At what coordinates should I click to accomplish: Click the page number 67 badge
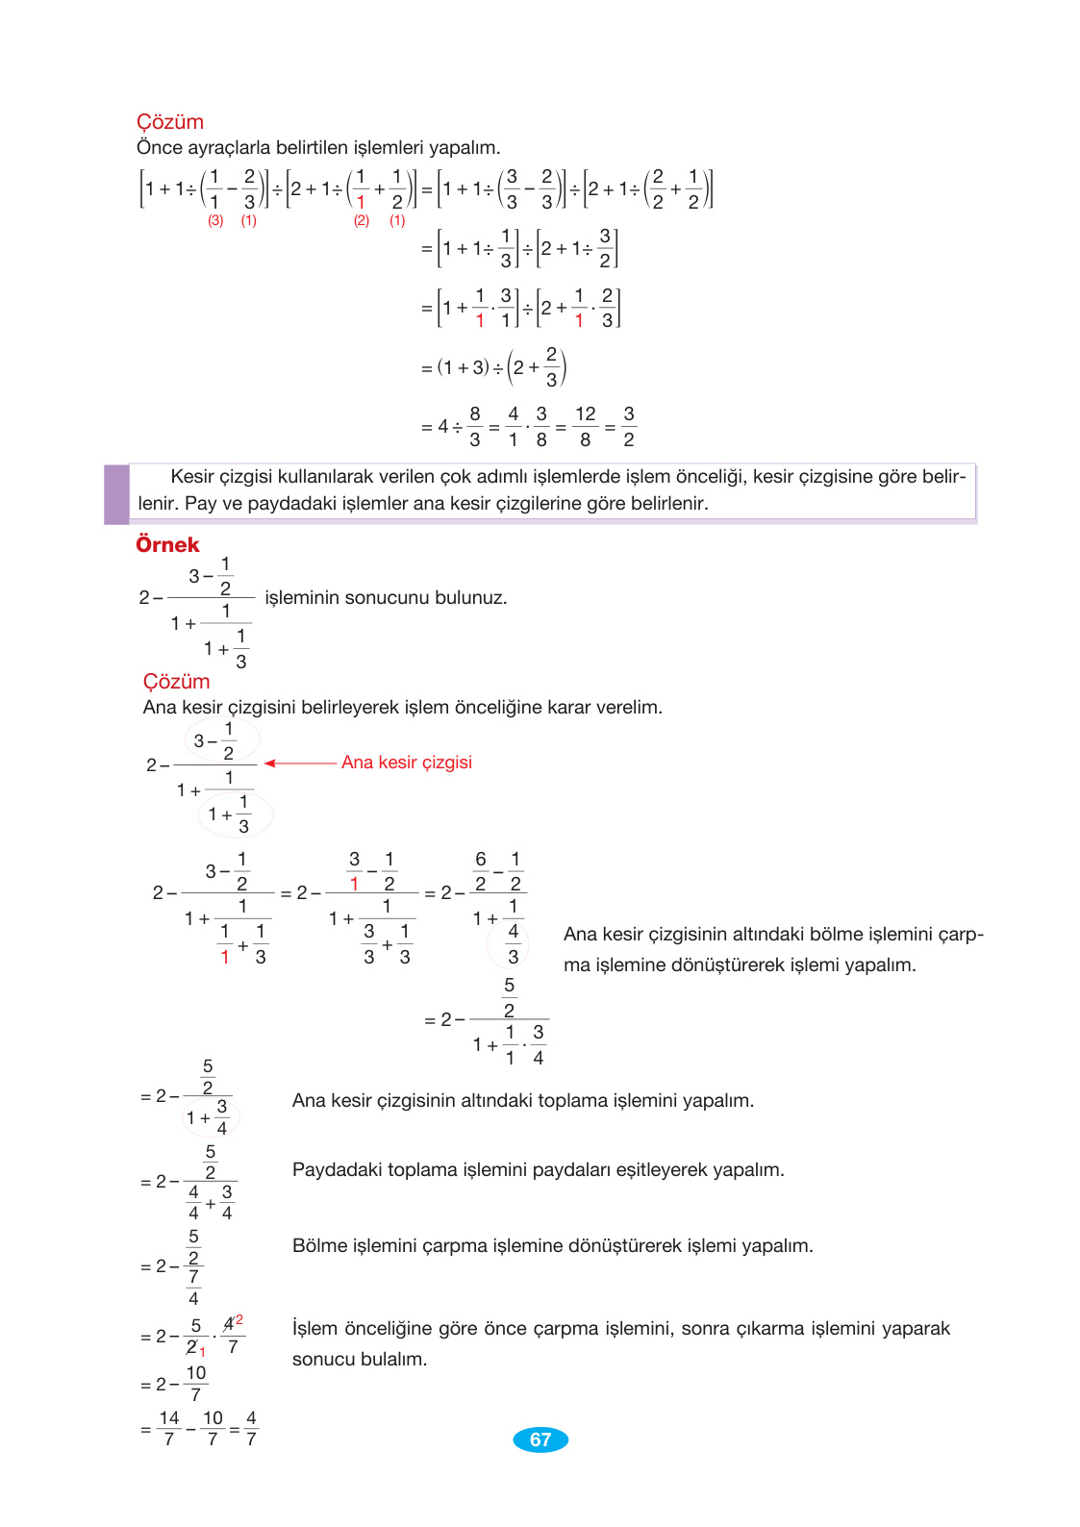pyautogui.click(x=540, y=1439)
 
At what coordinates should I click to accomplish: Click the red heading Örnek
pyautogui.click(x=167, y=545)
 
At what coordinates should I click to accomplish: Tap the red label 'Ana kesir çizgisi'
pyautogui.click(x=406, y=763)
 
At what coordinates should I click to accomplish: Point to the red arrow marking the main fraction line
pyautogui.click(x=299, y=763)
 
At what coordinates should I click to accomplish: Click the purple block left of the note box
pyautogui.click(x=116, y=494)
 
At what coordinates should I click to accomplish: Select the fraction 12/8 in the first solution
pyautogui.click(x=585, y=426)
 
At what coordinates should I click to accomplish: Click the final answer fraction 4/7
pyautogui.click(x=251, y=1429)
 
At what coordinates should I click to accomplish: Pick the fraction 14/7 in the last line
pyautogui.click(x=169, y=1429)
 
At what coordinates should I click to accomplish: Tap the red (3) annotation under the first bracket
pyautogui.click(x=215, y=220)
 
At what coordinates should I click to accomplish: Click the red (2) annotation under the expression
pyautogui.click(x=361, y=220)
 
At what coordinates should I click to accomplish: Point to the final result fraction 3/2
pyautogui.click(x=629, y=426)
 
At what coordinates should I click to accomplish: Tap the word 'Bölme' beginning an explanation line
pyautogui.click(x=319, y=1246)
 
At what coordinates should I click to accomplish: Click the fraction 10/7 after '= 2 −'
pyautogui.click(x=196, y=1384)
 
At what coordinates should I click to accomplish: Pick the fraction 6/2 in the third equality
pyautogui.click(x=481, y=871)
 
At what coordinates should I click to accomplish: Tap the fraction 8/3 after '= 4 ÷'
pyautogui.click(x=475, y=426)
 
